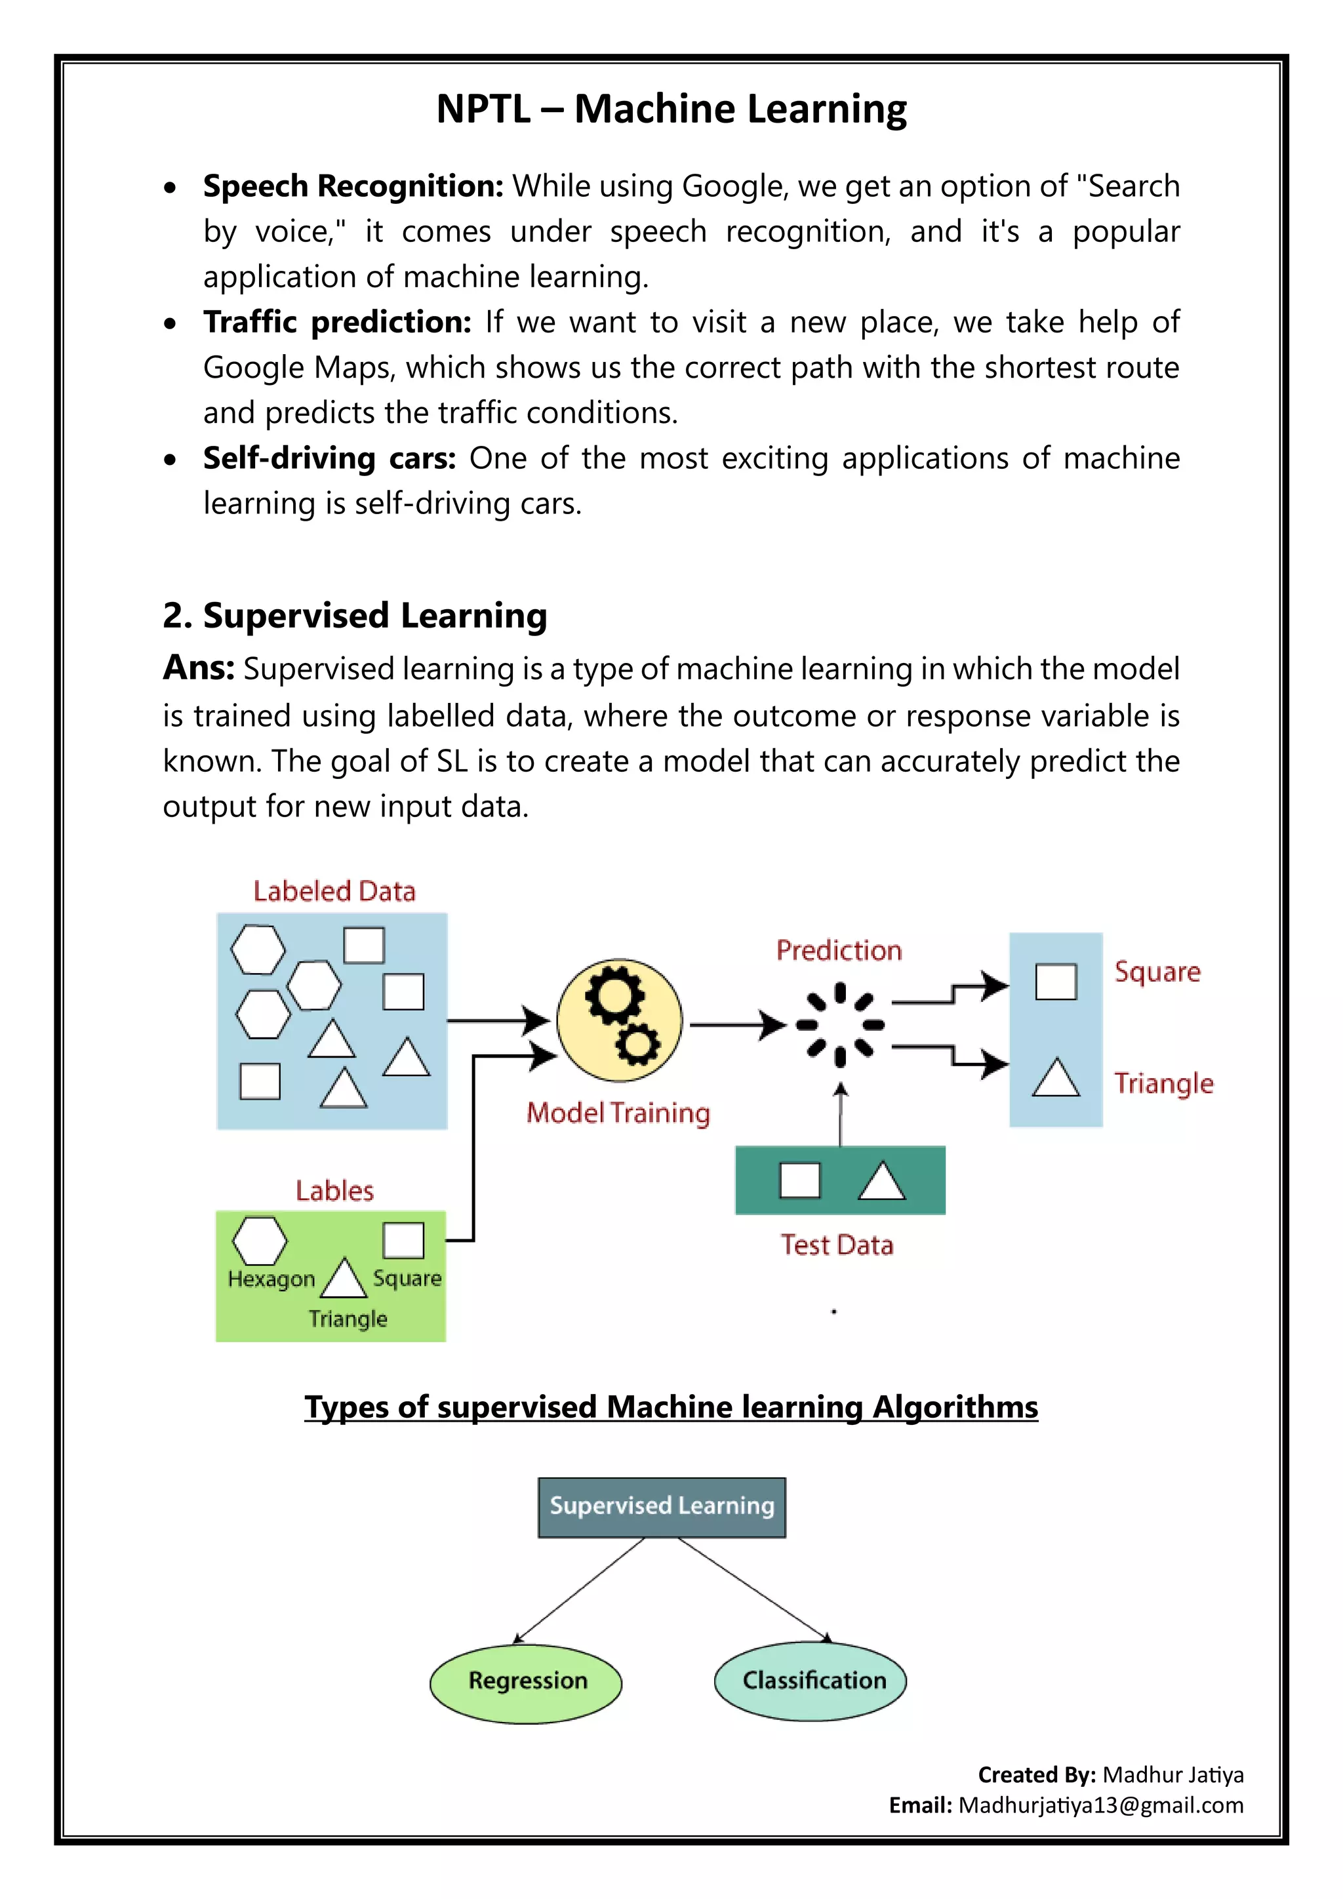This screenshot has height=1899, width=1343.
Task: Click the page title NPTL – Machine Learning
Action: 671,109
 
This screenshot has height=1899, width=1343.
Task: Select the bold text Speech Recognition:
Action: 353,187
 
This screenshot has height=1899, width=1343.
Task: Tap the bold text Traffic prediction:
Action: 338,323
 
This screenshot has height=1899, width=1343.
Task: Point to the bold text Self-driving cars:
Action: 329,458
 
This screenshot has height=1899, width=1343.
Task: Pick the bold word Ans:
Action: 199,668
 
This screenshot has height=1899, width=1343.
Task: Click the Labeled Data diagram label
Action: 334,892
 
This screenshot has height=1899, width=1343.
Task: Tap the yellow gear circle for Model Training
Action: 620,1020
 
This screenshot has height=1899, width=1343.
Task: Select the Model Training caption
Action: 618,1113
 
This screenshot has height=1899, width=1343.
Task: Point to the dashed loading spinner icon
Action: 839,1025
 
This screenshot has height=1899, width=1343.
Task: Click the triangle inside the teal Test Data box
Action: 881,1181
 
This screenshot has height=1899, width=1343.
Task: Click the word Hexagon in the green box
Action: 271,1279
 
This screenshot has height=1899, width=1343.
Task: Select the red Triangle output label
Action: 1163,1083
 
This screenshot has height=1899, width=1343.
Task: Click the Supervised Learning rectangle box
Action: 662,1506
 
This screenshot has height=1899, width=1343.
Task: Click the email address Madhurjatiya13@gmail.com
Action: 1100,1805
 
